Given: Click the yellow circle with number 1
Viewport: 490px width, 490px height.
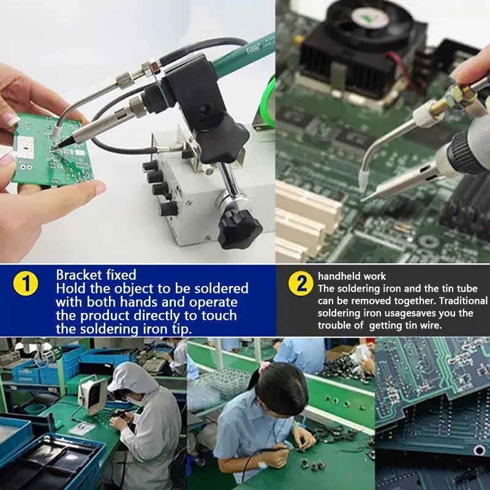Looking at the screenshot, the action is (26, 283).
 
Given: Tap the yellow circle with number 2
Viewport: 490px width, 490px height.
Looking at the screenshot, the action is (301, 283).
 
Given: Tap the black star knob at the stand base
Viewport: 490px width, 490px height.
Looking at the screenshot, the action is (239, 229).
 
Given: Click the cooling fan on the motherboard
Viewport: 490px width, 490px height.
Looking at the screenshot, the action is (370, 22).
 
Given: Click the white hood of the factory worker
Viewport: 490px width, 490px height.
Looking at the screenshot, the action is (134, 378).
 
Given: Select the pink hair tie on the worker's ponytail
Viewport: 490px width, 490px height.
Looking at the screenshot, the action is (263, 366).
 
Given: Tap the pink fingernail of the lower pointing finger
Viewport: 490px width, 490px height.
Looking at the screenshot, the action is (101, 189).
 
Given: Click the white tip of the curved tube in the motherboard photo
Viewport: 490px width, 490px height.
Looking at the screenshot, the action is (364, 179).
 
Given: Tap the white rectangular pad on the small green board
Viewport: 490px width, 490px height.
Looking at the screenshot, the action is (25, 146).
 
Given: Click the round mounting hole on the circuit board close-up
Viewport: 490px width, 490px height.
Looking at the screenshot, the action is (479, 450).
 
